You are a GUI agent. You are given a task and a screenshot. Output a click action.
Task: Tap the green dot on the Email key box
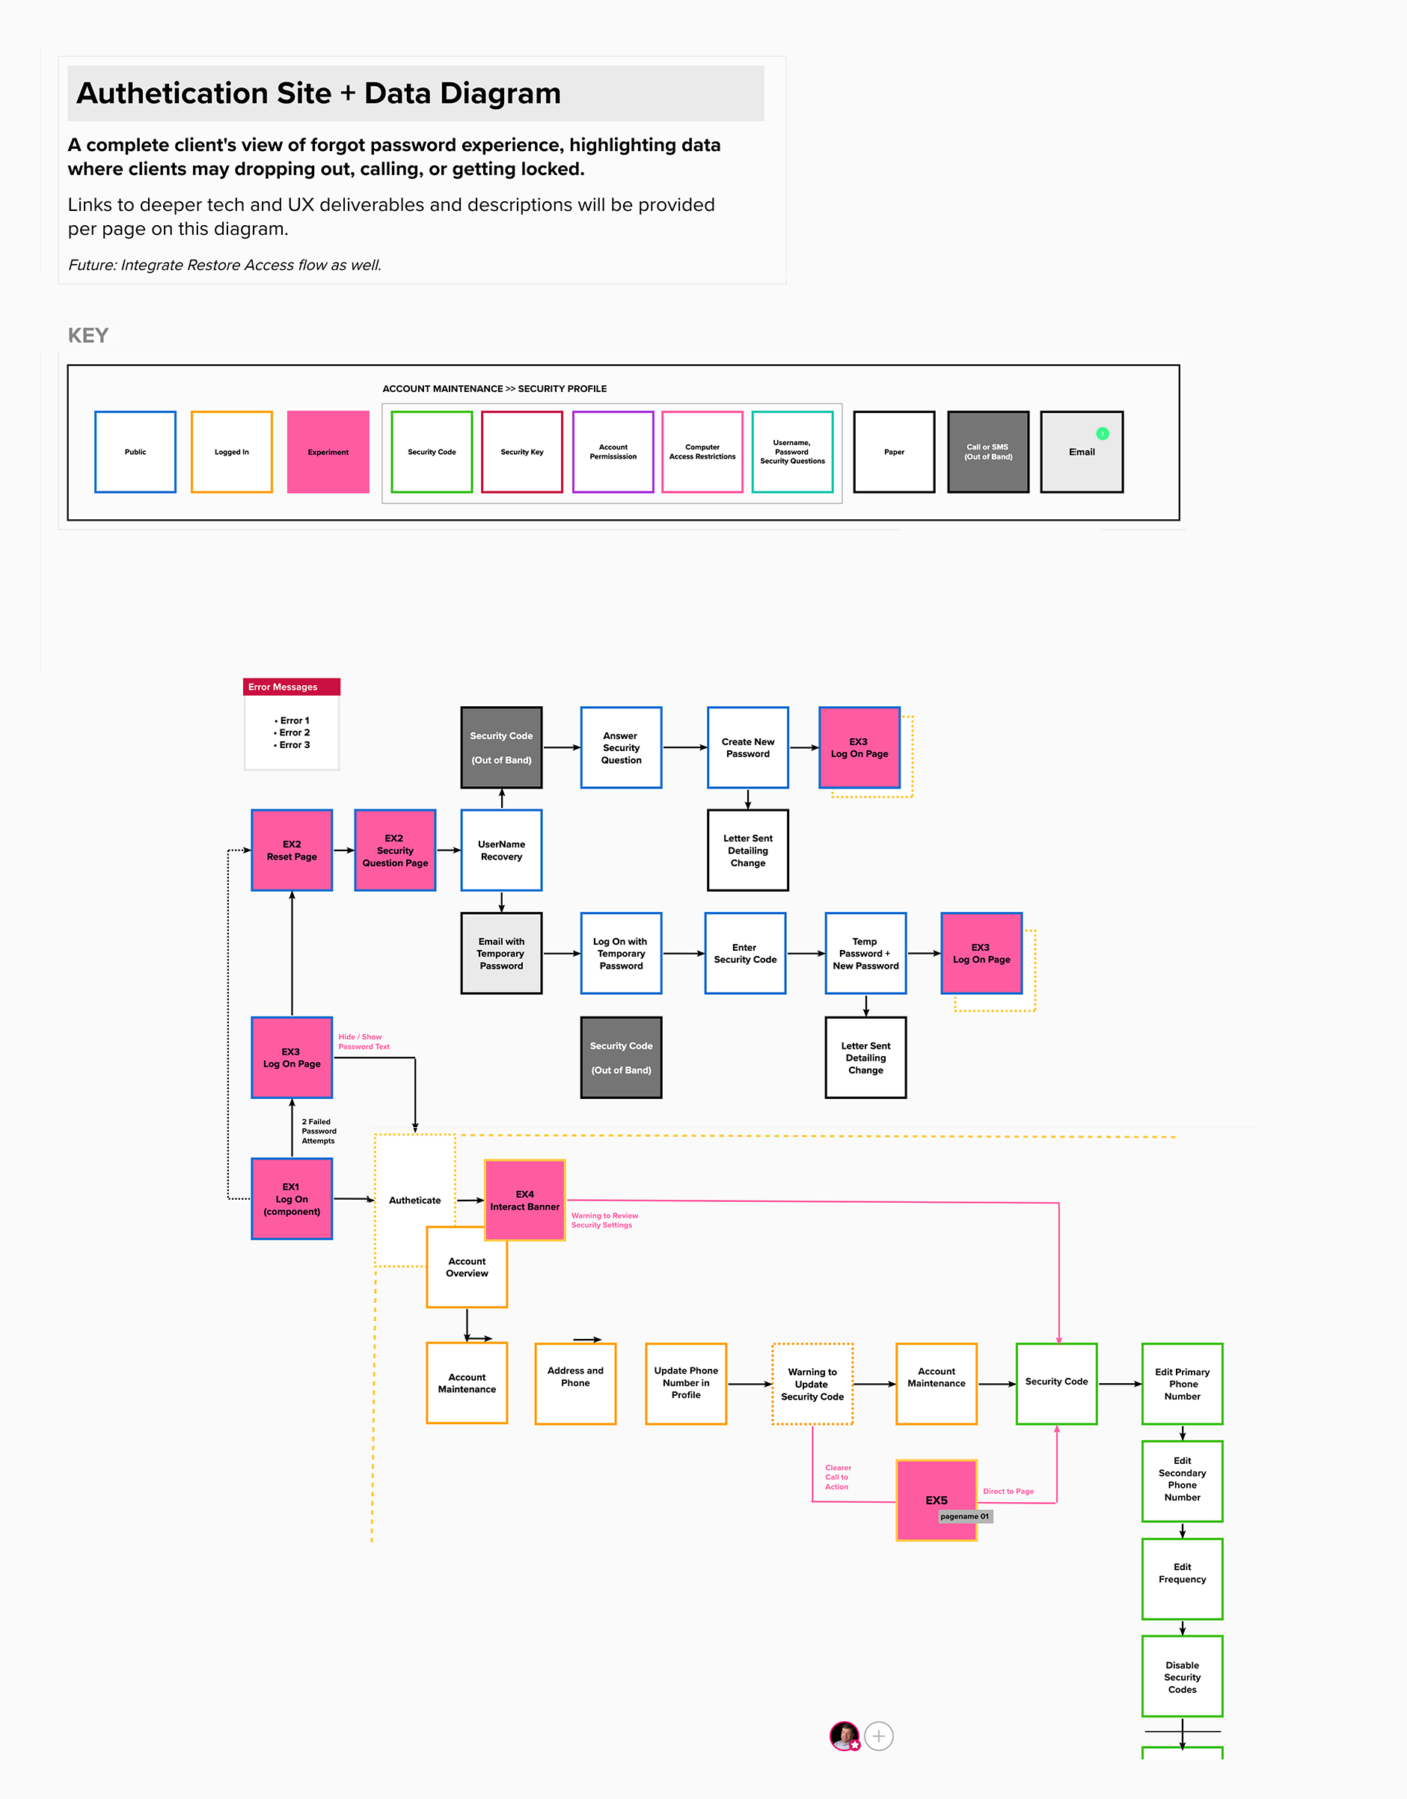click(x=1103, y=433)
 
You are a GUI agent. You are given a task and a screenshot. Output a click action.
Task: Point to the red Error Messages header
click(x=292, y=687)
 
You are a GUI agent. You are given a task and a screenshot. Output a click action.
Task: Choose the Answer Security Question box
click(x=621, y=748)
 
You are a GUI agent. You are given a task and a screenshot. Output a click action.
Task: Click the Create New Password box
click(x=748, y=748)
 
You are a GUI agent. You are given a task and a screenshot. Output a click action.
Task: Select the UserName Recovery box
click(x=501, y=850)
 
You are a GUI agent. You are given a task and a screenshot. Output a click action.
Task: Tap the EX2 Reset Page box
click(x=292, y=850)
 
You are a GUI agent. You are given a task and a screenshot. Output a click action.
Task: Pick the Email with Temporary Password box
click(x=501, y=953)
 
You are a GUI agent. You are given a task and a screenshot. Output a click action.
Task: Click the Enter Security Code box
click(x=745, y=953)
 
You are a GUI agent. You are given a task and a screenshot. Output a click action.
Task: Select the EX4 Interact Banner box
click(x=525, y=1200)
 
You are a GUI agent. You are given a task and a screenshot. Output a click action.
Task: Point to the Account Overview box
click(x=467, y=1268)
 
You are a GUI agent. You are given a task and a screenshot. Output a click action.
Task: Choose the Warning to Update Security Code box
click(x=812, y=1384)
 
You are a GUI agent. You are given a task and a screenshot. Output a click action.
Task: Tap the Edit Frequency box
click(x=1182, y=1578)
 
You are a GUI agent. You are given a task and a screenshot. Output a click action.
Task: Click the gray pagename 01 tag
click(x=965, y=1516)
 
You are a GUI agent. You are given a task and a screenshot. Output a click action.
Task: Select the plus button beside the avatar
click(x=879, y=1736)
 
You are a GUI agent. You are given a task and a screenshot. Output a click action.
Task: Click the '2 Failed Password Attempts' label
click(x=319, y=1131)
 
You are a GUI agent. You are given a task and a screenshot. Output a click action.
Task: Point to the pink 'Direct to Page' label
click(x=1008, y=1492)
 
